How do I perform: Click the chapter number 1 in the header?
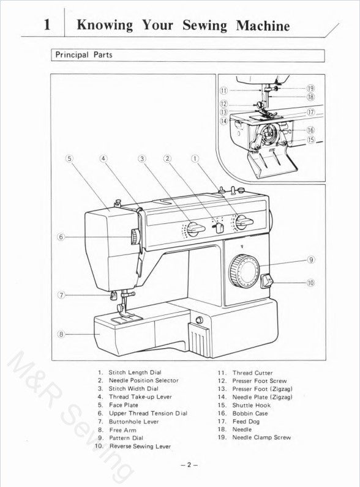pyautogui.click(x=48, y=25)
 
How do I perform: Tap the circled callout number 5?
pyautogui.click(x=69, y=158)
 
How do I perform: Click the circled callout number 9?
pyautogui.click(x=312, y=259)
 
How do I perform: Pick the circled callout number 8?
pyautogui.click(x=61, y=333)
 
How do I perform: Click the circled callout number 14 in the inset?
pyautogui.click(x=223, y=121)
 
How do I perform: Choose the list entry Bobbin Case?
pyautogui.click(x=250, y=413)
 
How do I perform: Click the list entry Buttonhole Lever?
pyautogui.click(x=133, y=422)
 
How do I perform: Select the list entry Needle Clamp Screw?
pyautogui.click(x=261, y=437)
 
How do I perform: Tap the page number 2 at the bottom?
pyautogui.click(x=189, y=465)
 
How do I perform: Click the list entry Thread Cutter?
pyautogui.click(x=252, y=373)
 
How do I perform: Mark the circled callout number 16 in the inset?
pyautogui.click(x=310, y=130)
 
